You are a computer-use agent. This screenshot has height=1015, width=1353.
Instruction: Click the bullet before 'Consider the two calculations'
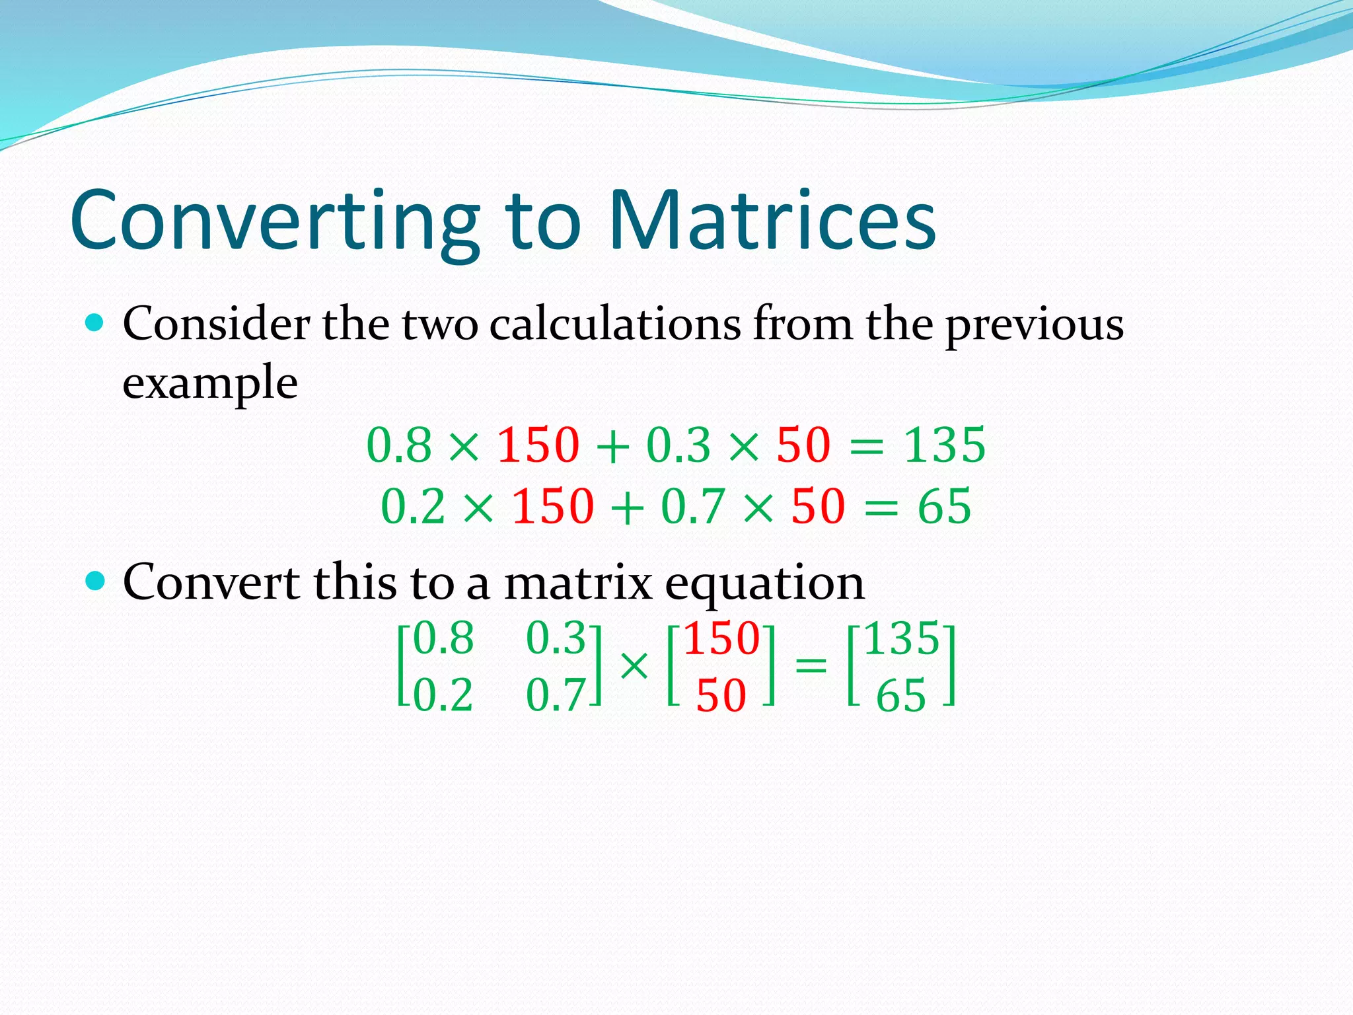click(96, 323)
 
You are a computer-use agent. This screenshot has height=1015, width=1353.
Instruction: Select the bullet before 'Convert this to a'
click(96, 582)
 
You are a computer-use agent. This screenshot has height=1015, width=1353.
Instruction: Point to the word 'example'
click(210, 383)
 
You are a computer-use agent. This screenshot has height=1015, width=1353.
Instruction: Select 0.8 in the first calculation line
click(398, 445)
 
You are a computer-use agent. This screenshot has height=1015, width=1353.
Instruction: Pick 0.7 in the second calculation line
click(692, 506)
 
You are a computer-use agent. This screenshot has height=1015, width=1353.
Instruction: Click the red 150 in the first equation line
click(538, 445)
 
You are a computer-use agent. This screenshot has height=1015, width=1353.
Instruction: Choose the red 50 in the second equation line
click(818, 506)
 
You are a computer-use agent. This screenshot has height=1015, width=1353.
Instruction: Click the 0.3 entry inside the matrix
click(556, 638)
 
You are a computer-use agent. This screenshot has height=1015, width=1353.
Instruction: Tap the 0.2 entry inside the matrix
click(443, 695)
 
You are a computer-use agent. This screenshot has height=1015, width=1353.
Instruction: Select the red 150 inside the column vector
click(721, 638)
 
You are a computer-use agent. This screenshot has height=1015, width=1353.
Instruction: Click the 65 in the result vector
click(900, 696)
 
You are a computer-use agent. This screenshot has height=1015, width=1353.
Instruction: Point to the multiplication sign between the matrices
click(634, 665)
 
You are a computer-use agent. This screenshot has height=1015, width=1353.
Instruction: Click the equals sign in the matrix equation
click(811, 664)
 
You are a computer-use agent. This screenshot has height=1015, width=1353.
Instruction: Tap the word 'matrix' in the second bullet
click(578, 583)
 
